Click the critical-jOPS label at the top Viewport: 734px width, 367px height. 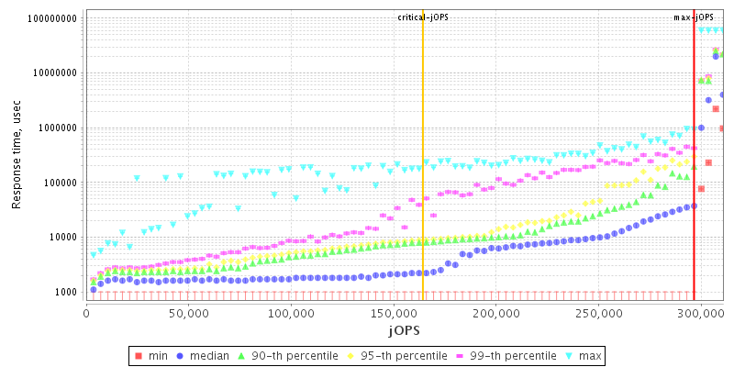(423, 17)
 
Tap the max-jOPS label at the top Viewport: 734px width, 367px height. (695, 17)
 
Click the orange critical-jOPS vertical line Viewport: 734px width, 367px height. (423, 183)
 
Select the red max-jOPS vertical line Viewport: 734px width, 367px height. (695, 183)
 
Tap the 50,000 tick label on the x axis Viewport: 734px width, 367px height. (188, 313)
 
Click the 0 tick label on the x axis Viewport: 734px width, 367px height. (86, 313)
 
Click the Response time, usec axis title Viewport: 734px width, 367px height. (17, 154)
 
